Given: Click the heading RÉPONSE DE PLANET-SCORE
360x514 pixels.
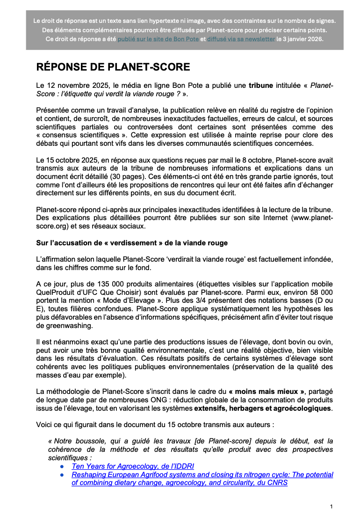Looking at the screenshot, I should (113, 67).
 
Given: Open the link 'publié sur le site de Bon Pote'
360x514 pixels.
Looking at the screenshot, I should (158, 39).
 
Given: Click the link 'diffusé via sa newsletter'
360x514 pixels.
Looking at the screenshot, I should (241, 39).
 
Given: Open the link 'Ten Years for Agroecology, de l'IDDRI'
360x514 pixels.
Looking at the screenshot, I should (133, 466).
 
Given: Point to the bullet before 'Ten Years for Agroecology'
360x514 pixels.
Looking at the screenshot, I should (62, 466).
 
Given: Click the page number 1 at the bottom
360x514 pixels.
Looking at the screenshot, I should (331, 507).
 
